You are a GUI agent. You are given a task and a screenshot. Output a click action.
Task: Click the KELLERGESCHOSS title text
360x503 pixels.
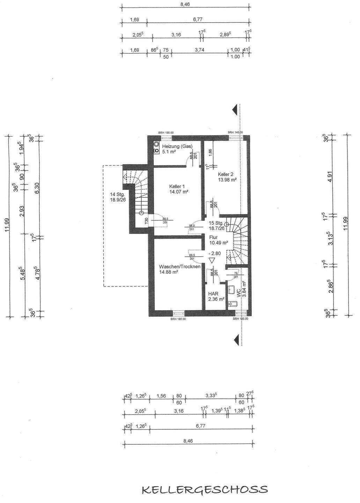205,489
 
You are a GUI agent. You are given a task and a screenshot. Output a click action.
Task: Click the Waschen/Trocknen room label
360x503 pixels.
179,267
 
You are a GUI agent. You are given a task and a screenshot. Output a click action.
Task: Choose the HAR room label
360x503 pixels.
213,294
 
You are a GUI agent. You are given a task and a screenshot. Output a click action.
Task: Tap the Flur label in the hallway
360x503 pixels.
213,237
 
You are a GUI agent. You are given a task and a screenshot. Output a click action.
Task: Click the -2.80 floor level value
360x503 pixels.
214,254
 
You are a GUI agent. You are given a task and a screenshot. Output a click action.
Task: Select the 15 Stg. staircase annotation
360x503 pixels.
216,223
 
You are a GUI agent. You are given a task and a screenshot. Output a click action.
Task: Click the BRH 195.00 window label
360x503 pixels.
166,133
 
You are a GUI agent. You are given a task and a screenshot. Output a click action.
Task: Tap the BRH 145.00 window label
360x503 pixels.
235,133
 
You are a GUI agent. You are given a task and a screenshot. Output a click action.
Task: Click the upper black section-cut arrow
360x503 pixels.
236,109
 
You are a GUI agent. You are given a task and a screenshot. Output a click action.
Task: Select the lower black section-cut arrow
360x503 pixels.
236,338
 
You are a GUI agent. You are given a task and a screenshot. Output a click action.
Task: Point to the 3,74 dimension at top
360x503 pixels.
199,50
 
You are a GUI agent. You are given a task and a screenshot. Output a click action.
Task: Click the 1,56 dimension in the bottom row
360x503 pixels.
161,396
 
